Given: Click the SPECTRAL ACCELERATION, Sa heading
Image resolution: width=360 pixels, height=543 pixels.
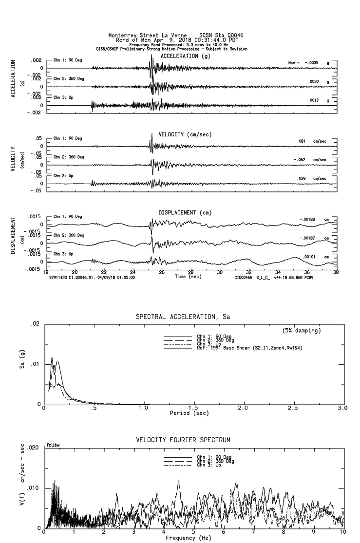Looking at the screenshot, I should click(182, 317).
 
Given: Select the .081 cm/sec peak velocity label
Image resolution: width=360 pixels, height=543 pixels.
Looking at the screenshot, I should click(302, 141).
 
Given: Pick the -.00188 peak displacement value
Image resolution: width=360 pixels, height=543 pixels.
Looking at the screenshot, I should click(307, 219).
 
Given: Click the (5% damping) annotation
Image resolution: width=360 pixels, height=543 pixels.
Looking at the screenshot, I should click(302, 331).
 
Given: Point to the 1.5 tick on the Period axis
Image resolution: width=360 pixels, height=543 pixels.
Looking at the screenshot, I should click(193, 408).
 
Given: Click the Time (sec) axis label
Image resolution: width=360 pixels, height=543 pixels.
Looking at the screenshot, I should click(189, 277).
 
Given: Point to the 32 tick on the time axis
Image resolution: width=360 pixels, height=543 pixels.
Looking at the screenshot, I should click(249, 273).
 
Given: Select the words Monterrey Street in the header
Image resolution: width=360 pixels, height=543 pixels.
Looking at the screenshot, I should click(129, 36).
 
